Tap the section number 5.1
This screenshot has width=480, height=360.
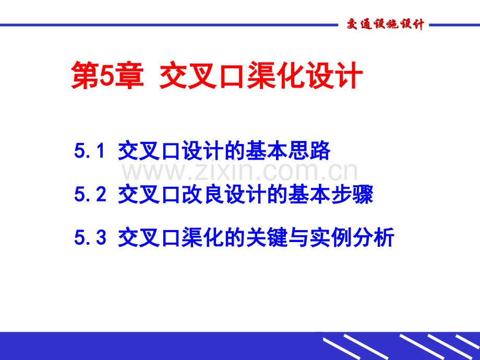[90, 151]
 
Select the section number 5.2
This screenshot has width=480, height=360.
[90, 195]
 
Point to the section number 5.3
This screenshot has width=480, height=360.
[90, 238]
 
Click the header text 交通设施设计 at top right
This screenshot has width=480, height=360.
[386, 25]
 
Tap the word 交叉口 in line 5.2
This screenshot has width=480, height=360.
[149, 195]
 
